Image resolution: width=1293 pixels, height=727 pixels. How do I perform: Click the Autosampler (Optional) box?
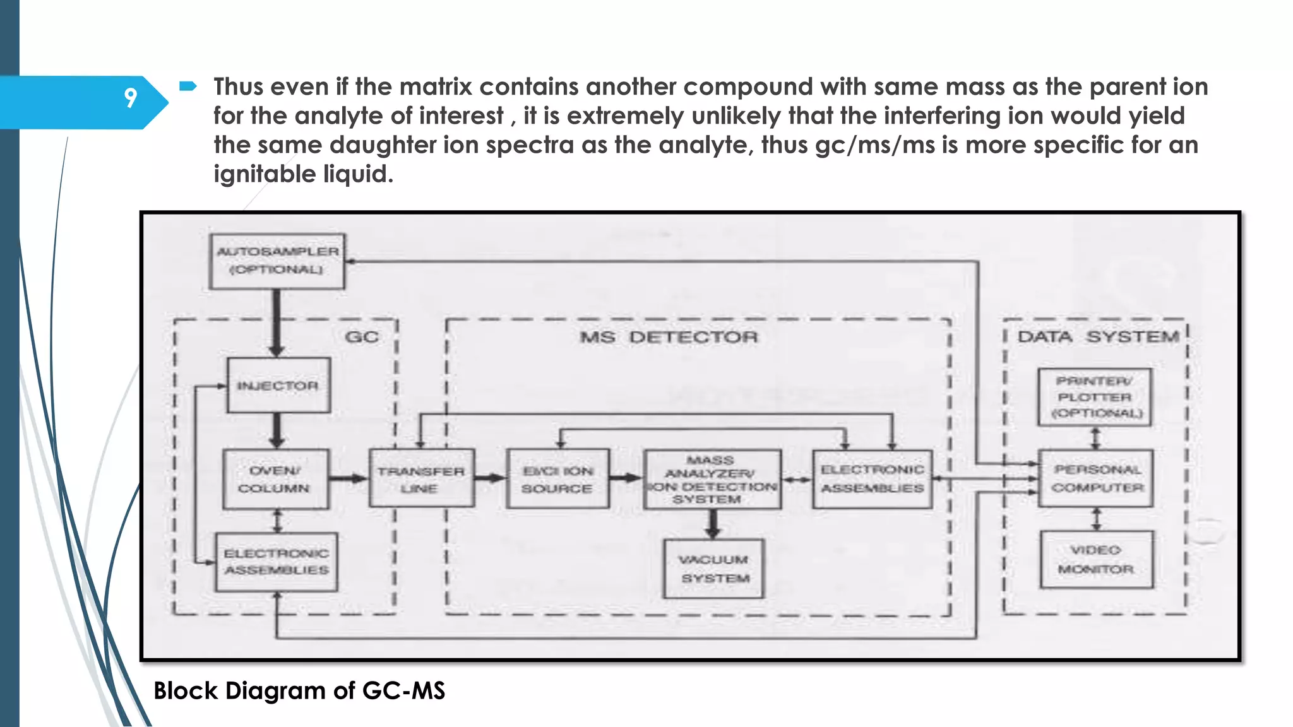click(277, 261)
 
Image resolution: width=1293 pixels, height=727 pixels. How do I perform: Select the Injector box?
click(278, 385)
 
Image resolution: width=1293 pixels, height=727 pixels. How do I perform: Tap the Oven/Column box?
click(276, 479)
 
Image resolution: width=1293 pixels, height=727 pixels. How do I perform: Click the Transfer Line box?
click(422, 479)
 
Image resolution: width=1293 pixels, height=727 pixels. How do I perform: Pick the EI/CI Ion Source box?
click(558, 479)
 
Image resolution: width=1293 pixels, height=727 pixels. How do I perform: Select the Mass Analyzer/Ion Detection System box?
click(712, 479)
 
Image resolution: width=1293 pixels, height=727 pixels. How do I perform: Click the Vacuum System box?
click(713, 569)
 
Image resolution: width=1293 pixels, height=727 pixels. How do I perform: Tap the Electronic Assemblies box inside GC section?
click(277, 562)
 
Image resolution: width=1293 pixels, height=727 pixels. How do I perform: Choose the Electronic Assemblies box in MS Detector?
click(873, 479)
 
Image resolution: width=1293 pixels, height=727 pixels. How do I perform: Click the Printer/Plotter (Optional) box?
click(1095, 397)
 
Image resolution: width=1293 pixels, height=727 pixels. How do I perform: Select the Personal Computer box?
click(1097, 478)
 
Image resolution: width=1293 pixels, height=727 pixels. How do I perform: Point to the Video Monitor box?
click(1097, 560)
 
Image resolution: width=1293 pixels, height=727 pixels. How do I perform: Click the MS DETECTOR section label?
click(669, 337)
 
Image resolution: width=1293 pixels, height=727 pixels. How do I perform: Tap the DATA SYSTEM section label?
click(1098, 337)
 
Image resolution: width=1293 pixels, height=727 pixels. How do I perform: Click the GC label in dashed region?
click(362, 337)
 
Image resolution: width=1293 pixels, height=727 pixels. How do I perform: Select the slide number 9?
click(130, 98)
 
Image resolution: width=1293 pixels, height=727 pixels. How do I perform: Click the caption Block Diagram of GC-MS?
click(299, 690)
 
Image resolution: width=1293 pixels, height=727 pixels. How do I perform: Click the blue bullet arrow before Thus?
click(188, 86)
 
